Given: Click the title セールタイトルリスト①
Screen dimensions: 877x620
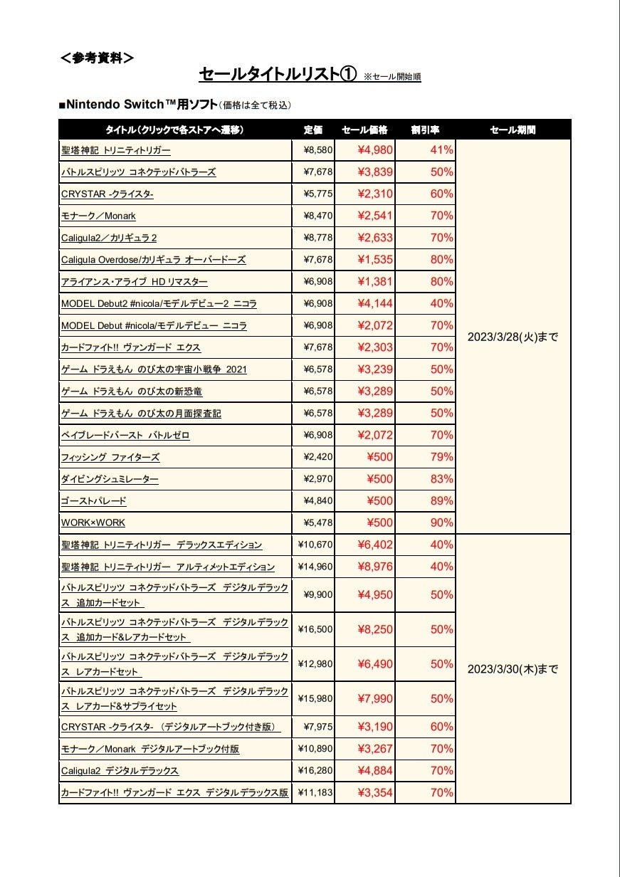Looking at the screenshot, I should coord(278,74).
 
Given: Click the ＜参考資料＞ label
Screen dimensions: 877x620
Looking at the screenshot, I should coord(97,58).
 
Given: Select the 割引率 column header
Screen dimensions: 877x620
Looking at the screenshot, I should coord(425,130).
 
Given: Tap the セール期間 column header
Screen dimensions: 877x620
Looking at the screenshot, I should coord(513,130).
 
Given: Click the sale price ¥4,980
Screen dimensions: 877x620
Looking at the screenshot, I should coord(374,150).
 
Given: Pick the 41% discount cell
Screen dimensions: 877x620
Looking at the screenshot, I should coord(441,150).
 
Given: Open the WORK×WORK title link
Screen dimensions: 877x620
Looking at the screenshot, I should coord(93,522).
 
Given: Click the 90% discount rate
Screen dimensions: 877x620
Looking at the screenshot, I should coord(441,522).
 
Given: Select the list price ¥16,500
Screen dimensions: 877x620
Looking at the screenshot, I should coord(315,629).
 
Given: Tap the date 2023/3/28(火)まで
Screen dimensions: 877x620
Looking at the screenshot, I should coord(513,337).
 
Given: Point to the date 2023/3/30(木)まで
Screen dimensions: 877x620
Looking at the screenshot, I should coord(513,669).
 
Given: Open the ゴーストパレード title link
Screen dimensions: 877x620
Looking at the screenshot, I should coord(94,501).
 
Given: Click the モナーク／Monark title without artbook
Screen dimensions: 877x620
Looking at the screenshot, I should coord(98,216).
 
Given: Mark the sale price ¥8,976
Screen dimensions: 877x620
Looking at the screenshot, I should coord(374,567).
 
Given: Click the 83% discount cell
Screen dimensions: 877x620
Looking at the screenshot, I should coord(441,479).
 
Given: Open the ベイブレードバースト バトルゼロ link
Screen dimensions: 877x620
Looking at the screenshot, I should coord(125,435).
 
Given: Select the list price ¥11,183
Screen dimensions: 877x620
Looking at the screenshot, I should coord(315,792).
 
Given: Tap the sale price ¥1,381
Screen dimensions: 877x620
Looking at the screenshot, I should coord(374,282).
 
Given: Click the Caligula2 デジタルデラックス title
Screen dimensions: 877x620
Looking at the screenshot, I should coord(120,771).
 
